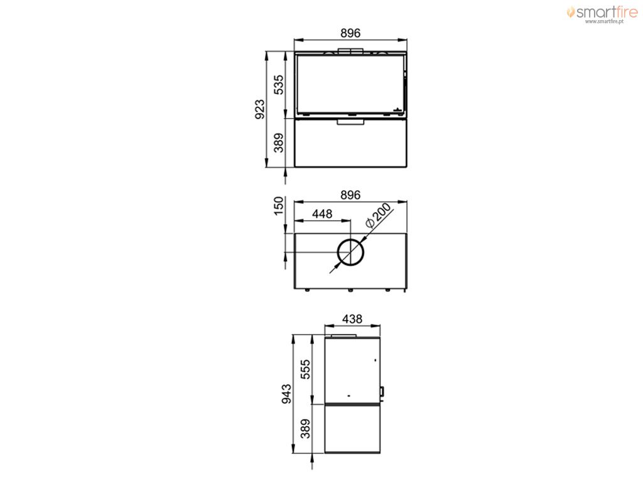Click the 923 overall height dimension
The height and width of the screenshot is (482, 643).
tap(259, 109)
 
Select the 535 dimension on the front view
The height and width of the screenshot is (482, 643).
tap(278, 85)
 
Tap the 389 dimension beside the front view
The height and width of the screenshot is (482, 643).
tap(278, 142)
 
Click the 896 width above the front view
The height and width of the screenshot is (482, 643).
tap(350, 33)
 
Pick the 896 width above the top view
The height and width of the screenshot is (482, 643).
tap(350, 195)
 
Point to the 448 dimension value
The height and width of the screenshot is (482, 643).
tap(322, 213)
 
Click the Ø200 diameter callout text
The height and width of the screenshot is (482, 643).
tap(378, 215)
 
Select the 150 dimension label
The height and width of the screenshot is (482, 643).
tap(278, 206)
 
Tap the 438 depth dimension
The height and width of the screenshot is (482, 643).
tap(352, 318)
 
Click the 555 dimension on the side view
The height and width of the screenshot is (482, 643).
tap(306, 369)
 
